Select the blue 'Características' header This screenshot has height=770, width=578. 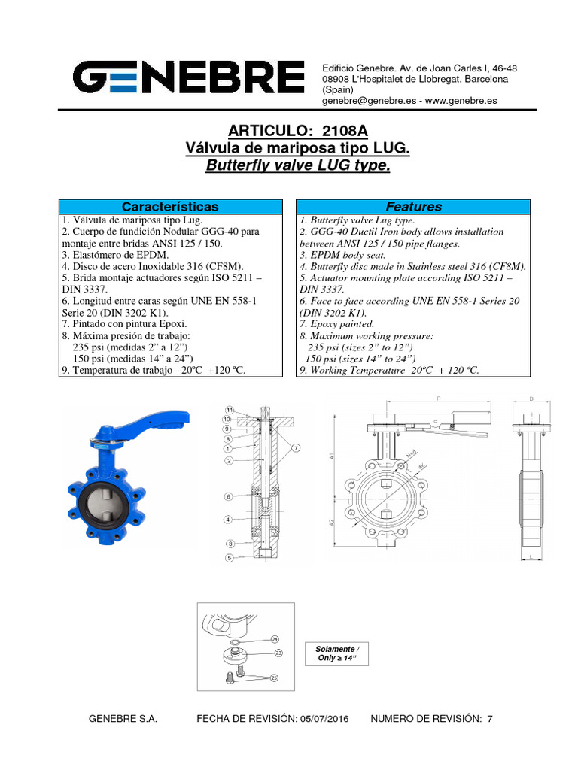(171, 206)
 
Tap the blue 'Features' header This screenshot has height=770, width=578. (413, 206)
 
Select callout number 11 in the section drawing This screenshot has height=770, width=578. (229, 410)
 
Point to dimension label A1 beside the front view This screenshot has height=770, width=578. (332, 454)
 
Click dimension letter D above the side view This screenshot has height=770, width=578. (531, 399)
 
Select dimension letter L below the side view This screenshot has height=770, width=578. (531, 556)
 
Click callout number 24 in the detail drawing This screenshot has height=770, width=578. (275, 638)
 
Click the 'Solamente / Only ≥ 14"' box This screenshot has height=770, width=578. (337, 653)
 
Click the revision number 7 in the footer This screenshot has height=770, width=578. (490, 719)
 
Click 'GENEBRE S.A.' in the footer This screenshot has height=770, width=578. (123, 719)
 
